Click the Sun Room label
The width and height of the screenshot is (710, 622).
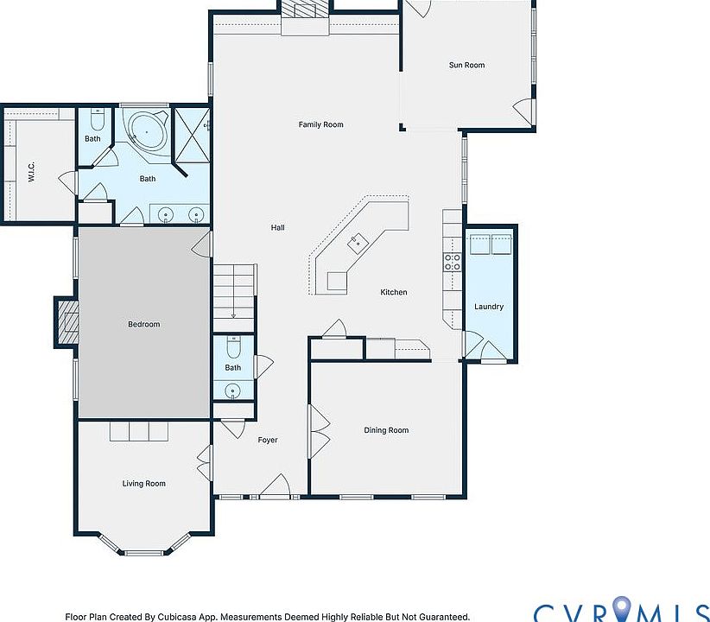coord(466,65)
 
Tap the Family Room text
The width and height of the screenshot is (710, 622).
coord(320,124)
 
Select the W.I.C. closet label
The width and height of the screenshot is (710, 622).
coord(31,172)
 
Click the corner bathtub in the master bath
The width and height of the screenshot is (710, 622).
coord(146,131)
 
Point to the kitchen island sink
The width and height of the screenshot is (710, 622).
coord(358,243)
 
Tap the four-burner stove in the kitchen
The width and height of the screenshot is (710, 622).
coord(452,262)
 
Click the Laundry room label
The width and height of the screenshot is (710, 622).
coord(489,307)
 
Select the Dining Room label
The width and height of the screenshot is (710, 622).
coord(386,430)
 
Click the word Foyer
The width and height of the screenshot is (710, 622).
coord(268,440)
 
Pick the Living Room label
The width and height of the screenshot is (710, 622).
coord(143,484)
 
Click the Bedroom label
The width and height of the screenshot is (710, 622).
coord(143,324)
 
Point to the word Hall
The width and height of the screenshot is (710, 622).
coord(277,227)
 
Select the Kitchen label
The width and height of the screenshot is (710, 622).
coord(394,292)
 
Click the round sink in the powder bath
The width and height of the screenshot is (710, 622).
coord(232,390)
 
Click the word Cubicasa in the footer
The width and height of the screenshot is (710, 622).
coord(176,617)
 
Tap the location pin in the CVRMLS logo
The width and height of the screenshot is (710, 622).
coord(622,608)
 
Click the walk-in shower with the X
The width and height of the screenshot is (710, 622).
coord(192,135)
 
